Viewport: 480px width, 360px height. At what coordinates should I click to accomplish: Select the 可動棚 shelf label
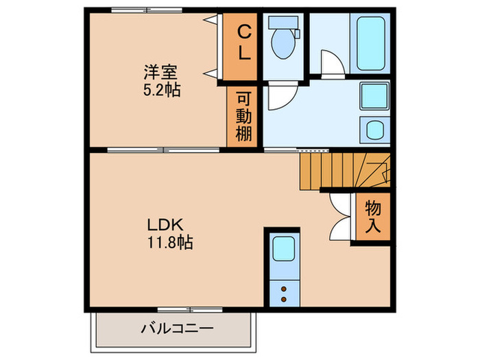pos(244,116)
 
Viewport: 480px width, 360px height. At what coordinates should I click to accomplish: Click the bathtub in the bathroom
pos(371,43)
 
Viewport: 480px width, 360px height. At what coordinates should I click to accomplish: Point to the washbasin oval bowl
pos(375,129)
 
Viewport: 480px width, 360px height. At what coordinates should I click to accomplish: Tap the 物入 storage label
pos(374,216)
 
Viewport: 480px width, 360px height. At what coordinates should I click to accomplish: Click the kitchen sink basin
pos(283,248)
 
